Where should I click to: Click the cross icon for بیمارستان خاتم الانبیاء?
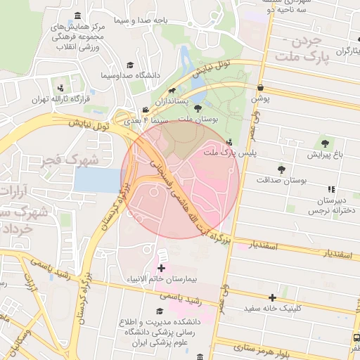click(x=161, y=268)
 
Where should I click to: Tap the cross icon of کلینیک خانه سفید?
click(x=272, y=297)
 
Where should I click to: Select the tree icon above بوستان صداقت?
click(x=281, y=169)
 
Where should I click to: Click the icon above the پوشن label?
click(x=261, y=88)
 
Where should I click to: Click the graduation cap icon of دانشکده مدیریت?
click(x=160, y=310)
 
